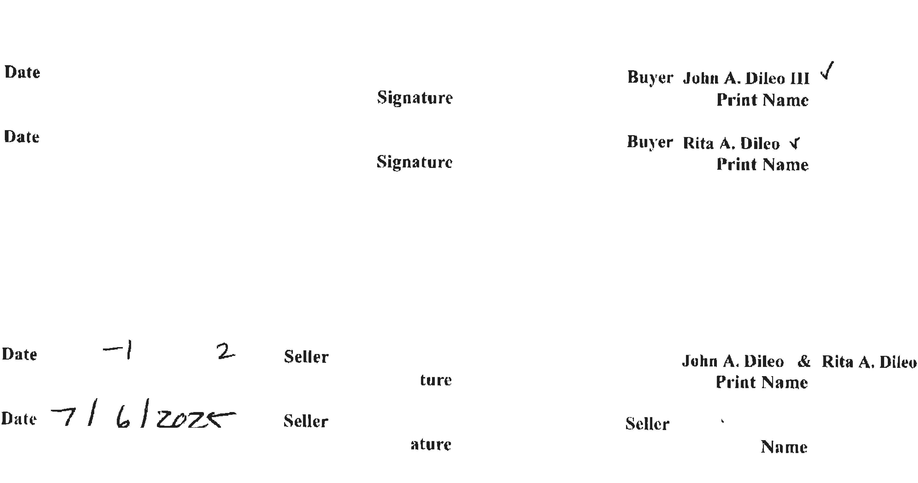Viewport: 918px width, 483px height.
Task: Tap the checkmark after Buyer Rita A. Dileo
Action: (x=794, y=143)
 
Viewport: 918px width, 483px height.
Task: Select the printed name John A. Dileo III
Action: (x=746, y=78)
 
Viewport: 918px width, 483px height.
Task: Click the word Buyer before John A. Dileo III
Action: (x=650, y=77)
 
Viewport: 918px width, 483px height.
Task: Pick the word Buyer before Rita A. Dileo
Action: (x=650, y=142)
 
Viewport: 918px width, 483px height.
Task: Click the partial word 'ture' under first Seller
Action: (x=435, y=380)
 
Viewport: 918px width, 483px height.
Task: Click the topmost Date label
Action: (x=22, y=72)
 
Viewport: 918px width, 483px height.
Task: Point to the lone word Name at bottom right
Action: (x=784, y=447)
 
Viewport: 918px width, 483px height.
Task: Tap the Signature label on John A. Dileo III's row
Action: (x=415, y=98)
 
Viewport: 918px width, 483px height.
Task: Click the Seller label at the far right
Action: (x=647, y=424)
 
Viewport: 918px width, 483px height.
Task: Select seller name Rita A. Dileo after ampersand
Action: (x=869, y=362)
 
